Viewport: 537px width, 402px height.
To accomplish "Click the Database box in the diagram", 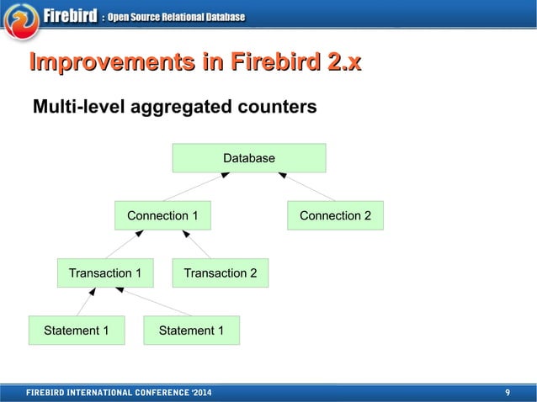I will pyautogui.click(x=248, y=158).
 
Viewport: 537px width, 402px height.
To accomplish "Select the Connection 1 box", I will pyautogui.click(x=162, y=215).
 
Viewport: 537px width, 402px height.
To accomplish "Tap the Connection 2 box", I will pyautogui.click(x=335, y=215).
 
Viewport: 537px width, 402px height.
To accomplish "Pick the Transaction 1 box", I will pyautogui.click(x=104, y=272).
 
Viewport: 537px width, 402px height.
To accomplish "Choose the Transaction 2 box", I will pyautogui.click(x=220, y=272).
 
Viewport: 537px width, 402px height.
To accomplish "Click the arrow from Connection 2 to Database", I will pyautogui.click(x=307, y=187).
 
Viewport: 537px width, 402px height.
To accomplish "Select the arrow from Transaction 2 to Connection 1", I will pyautogui.click(x=197, y=244).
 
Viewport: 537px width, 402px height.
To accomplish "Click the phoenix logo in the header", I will pyautogui.click(x=21, y=19).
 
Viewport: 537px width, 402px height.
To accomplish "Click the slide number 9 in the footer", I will pyautogui.click(x=508, y=393).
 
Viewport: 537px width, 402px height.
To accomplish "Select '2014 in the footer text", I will pyautogui.click(x=199, y=393).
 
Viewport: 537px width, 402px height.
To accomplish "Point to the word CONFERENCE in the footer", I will pyautogui.click(x=154, y=393).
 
